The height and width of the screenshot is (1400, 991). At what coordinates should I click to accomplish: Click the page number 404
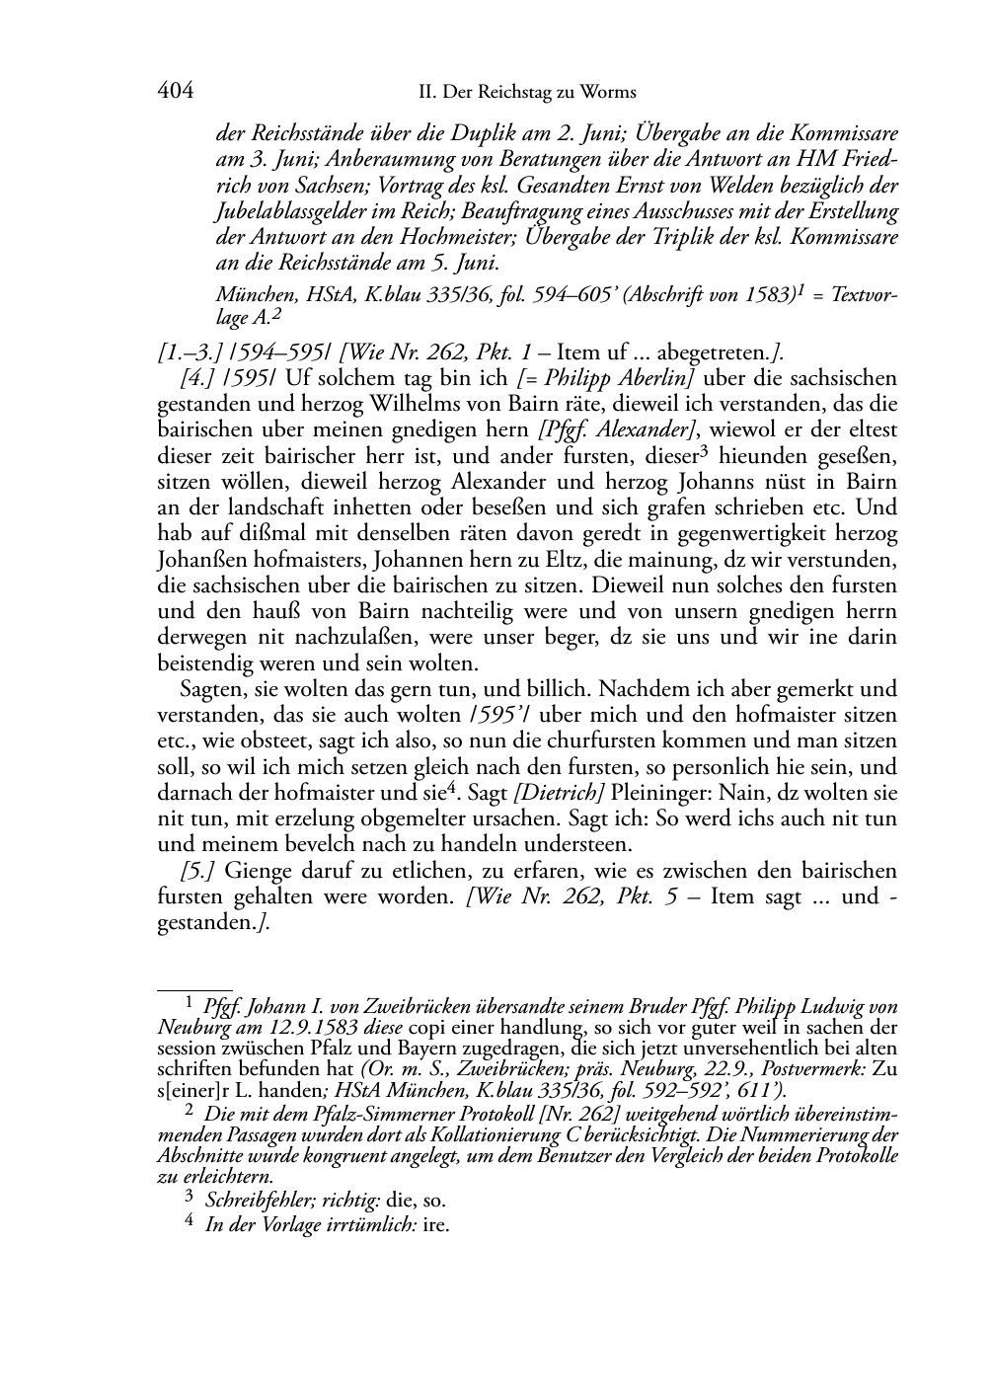coord(175,92)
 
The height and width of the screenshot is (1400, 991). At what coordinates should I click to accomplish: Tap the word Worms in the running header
coord(609,93)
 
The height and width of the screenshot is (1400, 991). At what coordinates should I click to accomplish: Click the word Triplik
coord(688,238)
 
